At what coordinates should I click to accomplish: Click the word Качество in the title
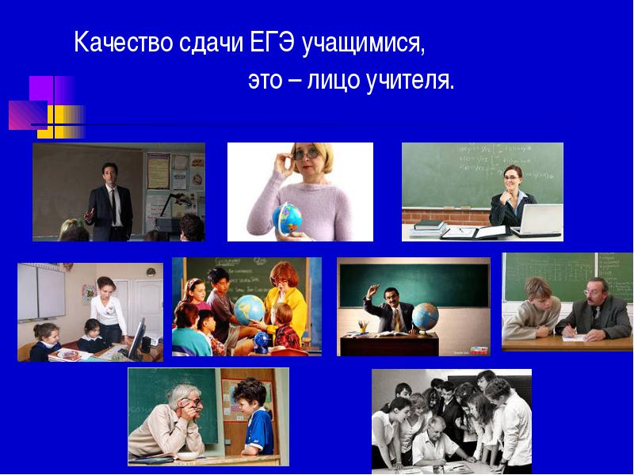tap(124, 42)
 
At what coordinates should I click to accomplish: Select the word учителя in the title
tap(410, 81)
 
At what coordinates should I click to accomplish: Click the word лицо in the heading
tap(334, 81)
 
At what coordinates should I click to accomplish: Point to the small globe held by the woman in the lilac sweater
tap(287, 218)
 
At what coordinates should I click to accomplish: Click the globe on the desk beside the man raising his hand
tap(425, 317)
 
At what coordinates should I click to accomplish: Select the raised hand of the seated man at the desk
tap(373, 290)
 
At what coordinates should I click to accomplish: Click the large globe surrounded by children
tap(250, 310)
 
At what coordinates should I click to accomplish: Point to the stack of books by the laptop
tap(429, 229)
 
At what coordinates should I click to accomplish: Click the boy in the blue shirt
tap(254, 417)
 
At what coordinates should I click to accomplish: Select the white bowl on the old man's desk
tap(188, 456)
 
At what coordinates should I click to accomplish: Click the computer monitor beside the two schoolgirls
tap(136, 339)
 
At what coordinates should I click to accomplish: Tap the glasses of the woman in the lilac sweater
tap(307, 154)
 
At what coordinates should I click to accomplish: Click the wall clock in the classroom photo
tap(151, 272)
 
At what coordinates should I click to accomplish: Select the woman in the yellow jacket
tap(286, 301)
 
